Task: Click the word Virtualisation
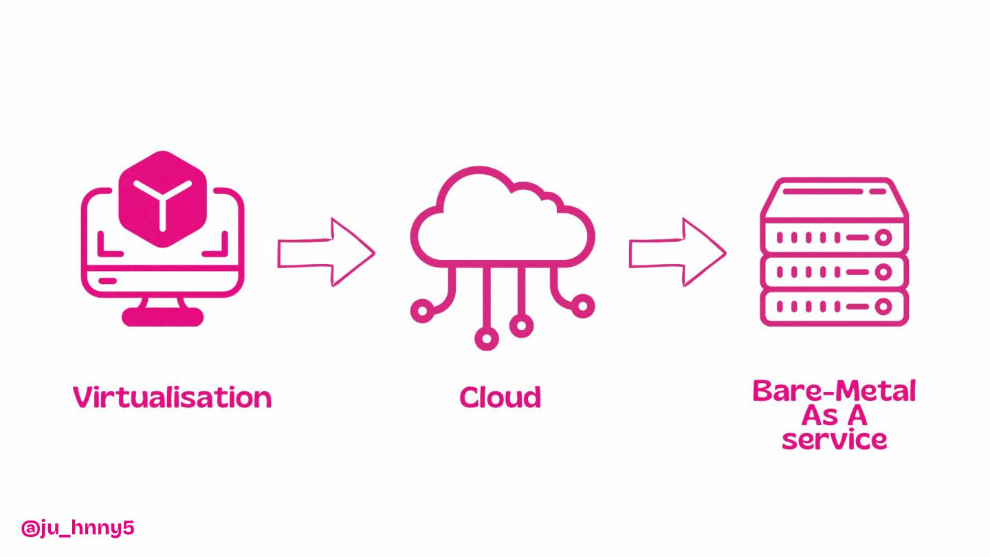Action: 172,397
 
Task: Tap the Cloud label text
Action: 500,397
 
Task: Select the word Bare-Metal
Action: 834,391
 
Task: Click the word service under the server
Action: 834,439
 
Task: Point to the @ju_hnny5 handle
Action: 78,528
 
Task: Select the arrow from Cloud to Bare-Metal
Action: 678,252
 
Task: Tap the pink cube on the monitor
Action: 163,198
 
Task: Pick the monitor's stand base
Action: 163,317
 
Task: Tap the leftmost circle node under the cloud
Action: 421,312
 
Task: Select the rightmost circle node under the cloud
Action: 583,305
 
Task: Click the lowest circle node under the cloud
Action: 487,338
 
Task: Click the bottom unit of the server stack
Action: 834,307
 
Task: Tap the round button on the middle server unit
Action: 883,272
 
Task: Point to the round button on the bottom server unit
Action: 883,307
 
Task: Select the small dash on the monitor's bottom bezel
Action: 108,281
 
